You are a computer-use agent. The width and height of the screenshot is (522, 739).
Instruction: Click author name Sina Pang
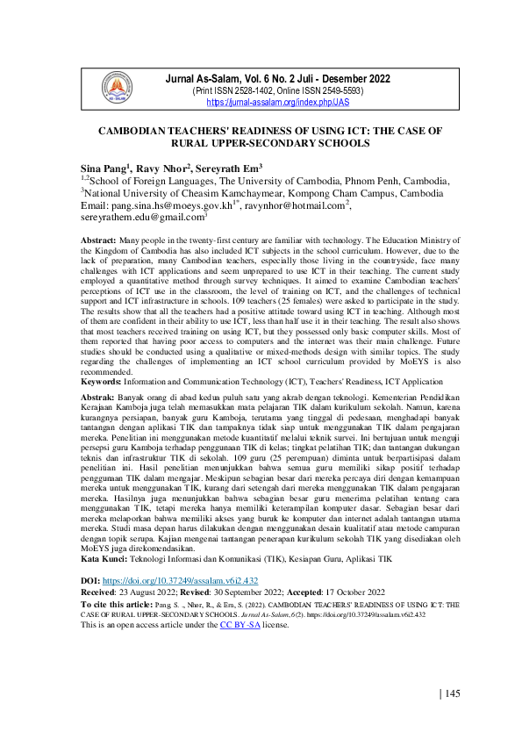pos(105,167)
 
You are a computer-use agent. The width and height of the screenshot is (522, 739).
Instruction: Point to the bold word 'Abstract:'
pos(97,240)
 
